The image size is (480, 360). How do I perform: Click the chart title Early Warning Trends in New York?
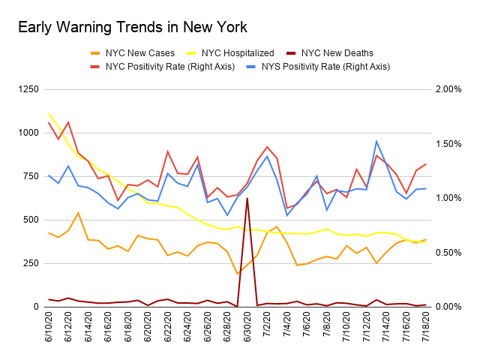tap(132, 28)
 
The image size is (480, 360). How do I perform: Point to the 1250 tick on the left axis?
tap(30, 90)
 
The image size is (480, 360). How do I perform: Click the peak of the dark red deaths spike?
tap(247, 198)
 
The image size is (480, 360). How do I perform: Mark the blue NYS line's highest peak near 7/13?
tap(376, 141)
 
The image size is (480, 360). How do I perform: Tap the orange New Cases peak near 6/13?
tap(79, 212)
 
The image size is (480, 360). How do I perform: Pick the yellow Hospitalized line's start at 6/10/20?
tap(49, 113)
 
